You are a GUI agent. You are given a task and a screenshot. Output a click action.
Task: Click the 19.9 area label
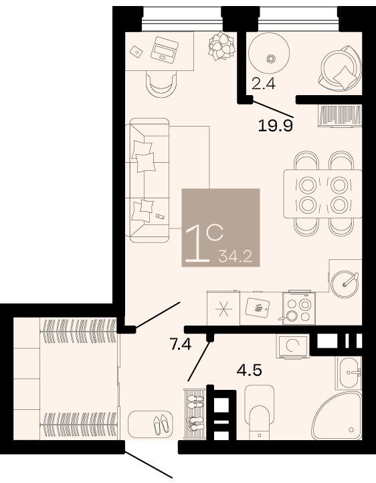tap(275, 126)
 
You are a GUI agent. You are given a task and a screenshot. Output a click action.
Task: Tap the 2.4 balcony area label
tap(263, 83)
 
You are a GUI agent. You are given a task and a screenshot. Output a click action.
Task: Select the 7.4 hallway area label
tap(181, 344)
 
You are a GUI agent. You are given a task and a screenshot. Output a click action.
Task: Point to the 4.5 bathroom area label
tap(250, 370)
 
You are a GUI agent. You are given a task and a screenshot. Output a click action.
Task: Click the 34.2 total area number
tap(235, 257)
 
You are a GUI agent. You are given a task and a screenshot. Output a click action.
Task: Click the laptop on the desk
tap(165, 48)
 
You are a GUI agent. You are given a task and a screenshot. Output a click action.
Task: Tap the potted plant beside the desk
tap(221, 46)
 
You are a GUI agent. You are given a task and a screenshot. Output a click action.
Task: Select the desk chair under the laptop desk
tap(161, 84)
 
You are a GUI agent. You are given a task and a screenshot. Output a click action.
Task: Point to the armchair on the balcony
tap(341, 68)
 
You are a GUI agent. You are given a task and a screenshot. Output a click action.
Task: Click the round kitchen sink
tap(345, 284)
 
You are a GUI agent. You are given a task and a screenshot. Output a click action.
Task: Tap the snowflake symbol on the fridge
tap(223, 308)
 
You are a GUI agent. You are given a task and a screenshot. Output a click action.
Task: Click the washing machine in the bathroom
tap(292, 346)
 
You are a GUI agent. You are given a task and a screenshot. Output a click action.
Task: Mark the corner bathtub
tap(338, 417)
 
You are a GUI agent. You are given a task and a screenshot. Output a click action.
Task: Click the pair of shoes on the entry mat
tap(162, 425)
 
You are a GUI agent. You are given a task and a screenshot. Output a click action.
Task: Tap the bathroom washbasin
tap(349, 373)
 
